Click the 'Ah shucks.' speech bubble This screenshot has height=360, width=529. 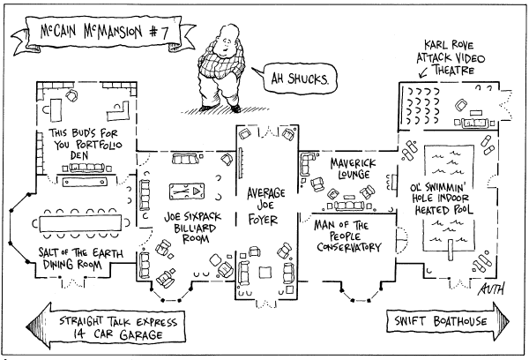299,79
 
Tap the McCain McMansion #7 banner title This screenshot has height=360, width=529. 104,32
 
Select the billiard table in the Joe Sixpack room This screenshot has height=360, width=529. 187,191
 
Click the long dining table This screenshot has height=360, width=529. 80,223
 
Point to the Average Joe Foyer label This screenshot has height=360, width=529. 265,206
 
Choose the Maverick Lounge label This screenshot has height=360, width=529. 353,169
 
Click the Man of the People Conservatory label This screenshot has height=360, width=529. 347,236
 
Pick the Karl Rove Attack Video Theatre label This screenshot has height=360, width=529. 451,57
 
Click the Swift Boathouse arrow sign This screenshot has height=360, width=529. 448,320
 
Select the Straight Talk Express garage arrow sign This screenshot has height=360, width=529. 106,326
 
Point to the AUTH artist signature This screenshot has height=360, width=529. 491,289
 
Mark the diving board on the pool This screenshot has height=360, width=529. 451,250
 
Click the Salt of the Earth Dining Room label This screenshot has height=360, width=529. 80,258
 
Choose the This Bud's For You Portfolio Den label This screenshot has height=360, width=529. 86,144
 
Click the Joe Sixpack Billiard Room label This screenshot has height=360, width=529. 193,228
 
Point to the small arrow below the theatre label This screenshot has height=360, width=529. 423,72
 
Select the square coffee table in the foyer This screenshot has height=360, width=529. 265,273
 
